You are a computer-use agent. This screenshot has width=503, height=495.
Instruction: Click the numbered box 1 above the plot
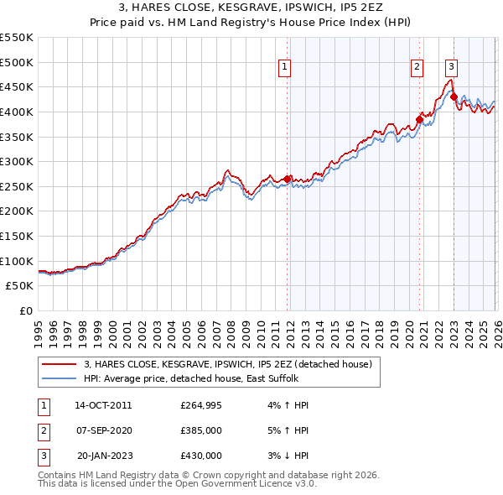pyautogui.click(x=285, y=69)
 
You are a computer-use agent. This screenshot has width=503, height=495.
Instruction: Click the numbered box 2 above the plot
pyautogui.click(x=417, y=69)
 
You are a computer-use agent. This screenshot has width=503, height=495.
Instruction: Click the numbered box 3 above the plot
pyautogui.click(x=452, y=69)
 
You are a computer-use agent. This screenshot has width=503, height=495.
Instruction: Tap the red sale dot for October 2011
pyautogui.click(x=288, y=179)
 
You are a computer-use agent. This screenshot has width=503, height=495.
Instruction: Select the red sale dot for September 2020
pyautogui.click(x=420, y=119)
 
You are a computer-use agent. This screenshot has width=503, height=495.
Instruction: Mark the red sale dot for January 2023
pyautogui.click(x=454, y=96)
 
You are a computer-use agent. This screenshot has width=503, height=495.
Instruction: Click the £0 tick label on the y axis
pyautogui.click(x=25, y=310)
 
